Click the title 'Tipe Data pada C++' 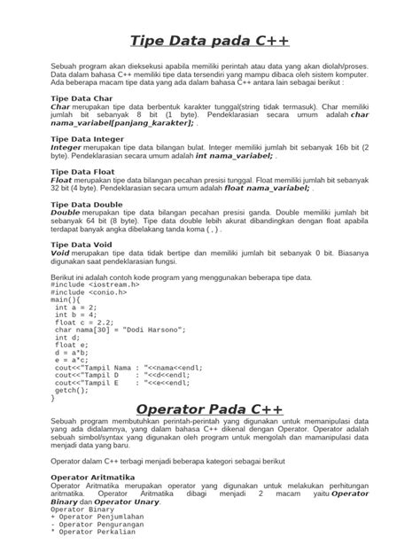point(209,42)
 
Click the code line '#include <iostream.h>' point(95,284)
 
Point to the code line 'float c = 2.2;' point(86,323)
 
